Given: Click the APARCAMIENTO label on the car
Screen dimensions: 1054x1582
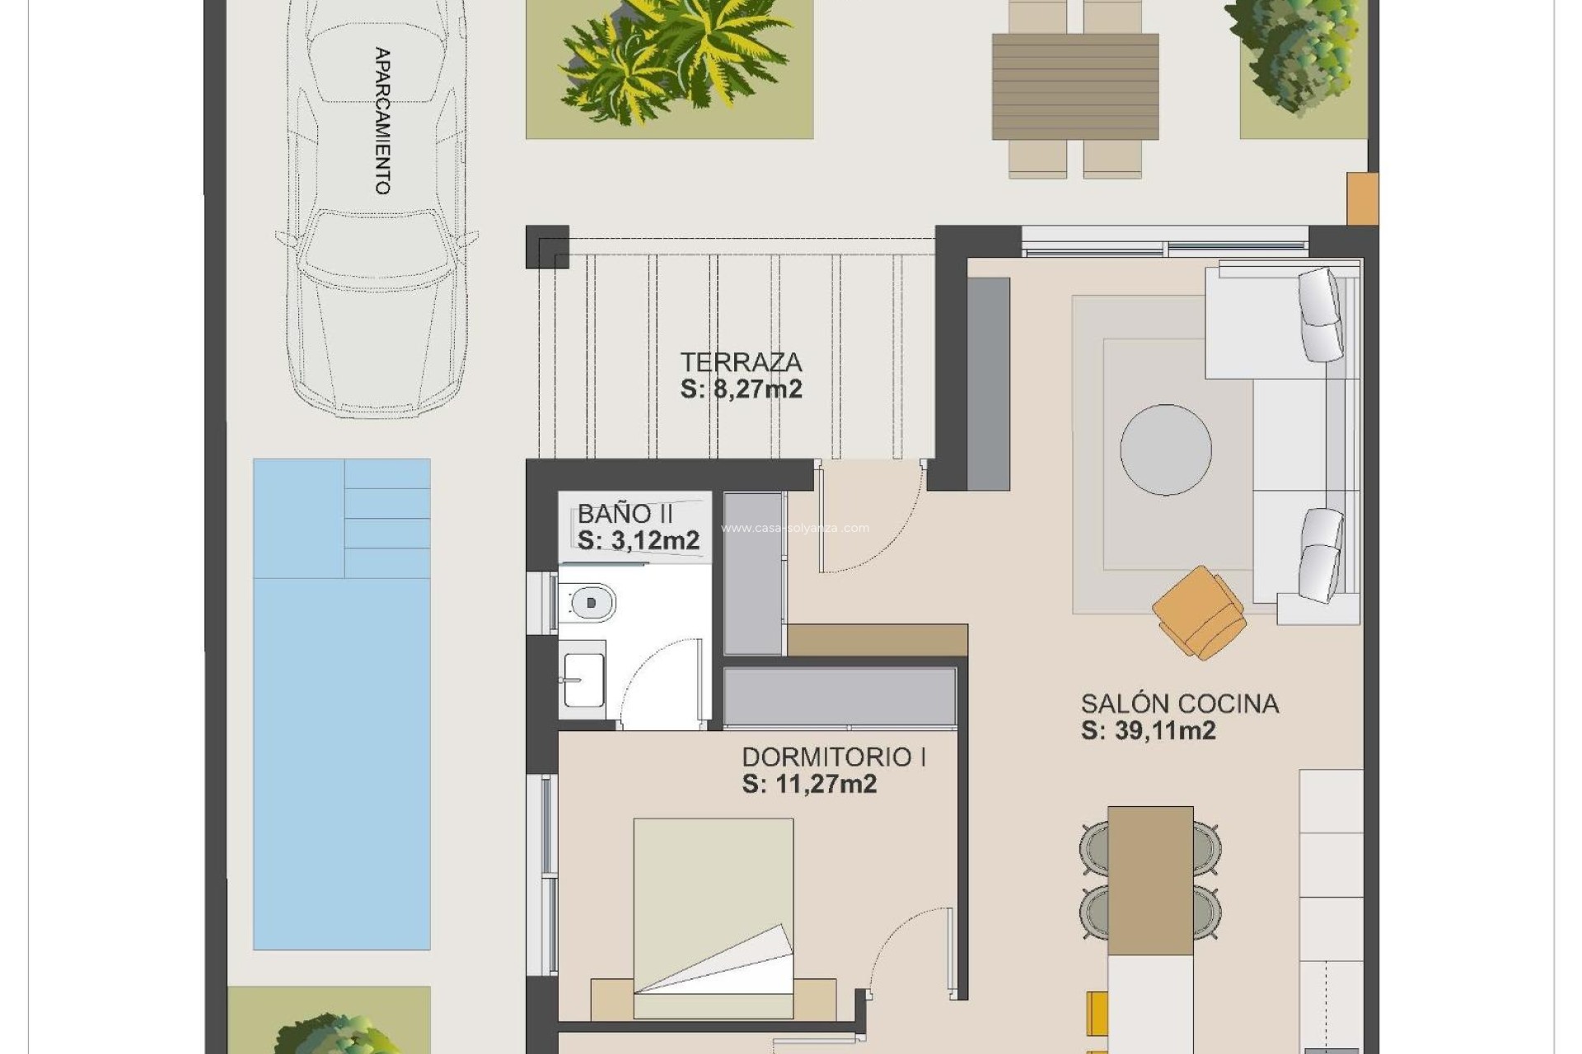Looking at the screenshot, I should [x=381, y=121].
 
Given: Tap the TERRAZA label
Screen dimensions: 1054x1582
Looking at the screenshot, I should [x=741, y=362].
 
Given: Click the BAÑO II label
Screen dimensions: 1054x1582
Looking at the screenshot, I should [x=625, y=514].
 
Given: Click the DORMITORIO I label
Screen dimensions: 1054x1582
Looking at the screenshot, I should [x=834, y=757].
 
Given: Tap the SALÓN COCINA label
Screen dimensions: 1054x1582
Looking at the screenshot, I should [x=1180, y=704].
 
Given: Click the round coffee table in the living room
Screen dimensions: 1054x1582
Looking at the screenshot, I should [x=1165, y=450].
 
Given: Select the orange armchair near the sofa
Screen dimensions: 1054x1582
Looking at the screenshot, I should [x=1199, y=613].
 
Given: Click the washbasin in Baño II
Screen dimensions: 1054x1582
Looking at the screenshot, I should [x=583, y=680].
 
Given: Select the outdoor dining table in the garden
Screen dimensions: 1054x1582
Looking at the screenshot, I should [x=1075, y=86].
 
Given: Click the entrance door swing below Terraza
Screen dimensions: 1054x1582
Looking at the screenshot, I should [x=869, y=519].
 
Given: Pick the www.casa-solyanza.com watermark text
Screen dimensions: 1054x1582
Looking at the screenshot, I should [x=795, y=529].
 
